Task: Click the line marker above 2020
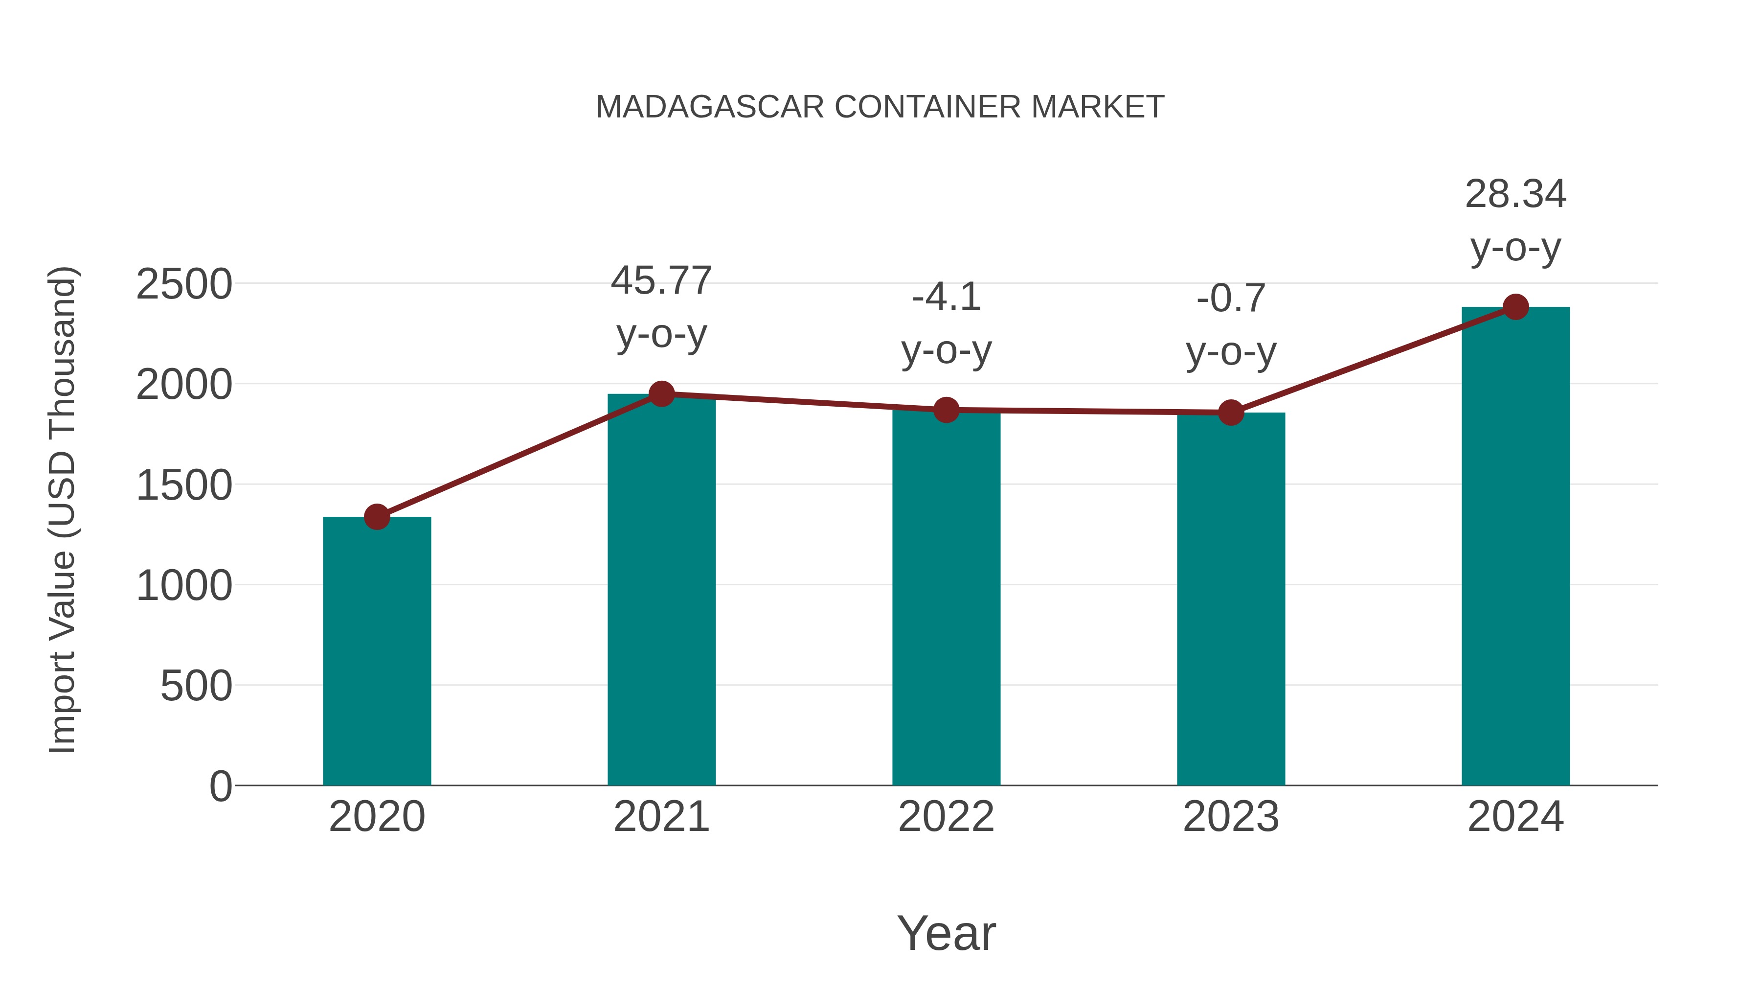377,517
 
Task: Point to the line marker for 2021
661,394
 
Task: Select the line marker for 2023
1231,413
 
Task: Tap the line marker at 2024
1515,307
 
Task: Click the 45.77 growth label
661,281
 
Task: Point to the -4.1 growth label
946,298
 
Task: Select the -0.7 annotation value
1231,299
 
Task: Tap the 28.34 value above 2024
1515,194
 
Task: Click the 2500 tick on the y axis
184,284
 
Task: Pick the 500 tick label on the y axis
196,686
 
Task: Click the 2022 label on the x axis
946,817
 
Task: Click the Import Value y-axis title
62,509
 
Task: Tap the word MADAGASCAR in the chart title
710,107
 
